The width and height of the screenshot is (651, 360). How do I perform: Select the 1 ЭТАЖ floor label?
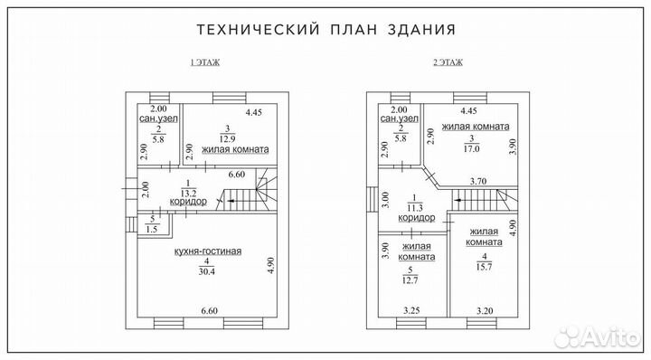(x=204, y=63)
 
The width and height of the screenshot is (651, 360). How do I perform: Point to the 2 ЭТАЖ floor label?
(x=447, y=63)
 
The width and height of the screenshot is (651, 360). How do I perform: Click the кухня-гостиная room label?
(x=208, y=251)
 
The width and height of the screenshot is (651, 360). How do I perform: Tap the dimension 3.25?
(x=410, y=311)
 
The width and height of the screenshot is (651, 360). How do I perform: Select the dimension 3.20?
(x=486, y=311)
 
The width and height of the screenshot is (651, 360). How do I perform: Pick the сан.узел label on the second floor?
(x=400, y=118)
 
